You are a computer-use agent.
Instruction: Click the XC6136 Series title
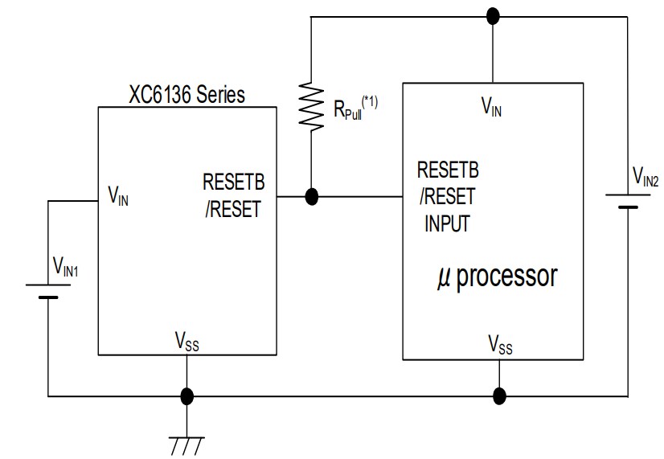[186, 94]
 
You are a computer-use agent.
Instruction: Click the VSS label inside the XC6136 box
[186, 344]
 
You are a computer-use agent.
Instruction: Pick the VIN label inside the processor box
[492, 107]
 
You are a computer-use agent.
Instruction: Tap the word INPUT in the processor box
[447, 224]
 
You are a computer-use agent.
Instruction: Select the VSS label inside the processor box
[500, 345]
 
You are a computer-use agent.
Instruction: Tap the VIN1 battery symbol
[47, 291]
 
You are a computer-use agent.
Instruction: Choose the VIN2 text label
[645, 176]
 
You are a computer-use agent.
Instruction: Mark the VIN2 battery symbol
[628, 200]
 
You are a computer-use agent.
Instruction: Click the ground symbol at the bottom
[186, 444]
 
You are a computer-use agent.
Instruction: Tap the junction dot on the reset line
[311, 195]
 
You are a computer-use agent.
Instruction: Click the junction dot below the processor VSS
[499, 395]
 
